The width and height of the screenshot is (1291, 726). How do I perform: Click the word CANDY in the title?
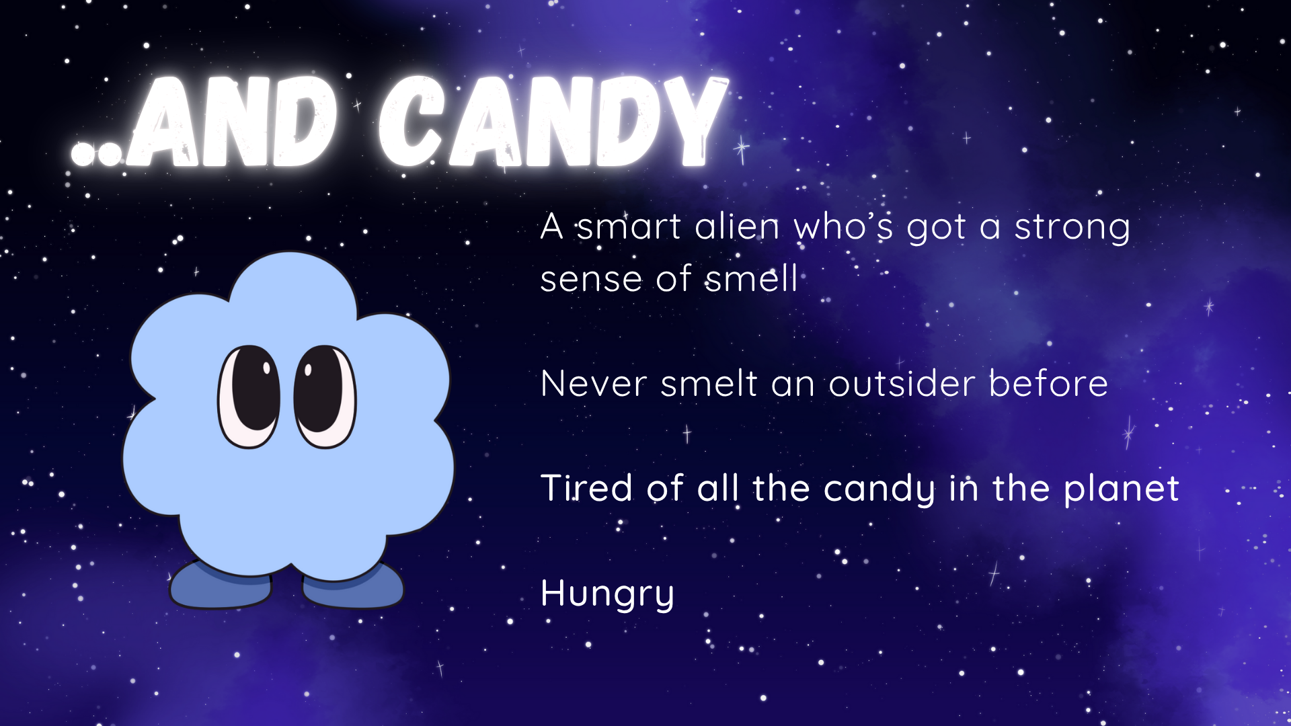553,121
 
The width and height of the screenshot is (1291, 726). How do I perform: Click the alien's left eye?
249,396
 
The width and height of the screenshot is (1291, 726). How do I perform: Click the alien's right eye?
325,396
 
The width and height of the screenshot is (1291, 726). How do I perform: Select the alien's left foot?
221,584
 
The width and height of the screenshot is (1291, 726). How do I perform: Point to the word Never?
594,384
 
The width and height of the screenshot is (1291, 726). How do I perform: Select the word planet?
1122,489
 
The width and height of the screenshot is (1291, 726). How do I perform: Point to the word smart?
629,227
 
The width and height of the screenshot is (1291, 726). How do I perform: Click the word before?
1048,383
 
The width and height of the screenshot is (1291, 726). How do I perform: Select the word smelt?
709,384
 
